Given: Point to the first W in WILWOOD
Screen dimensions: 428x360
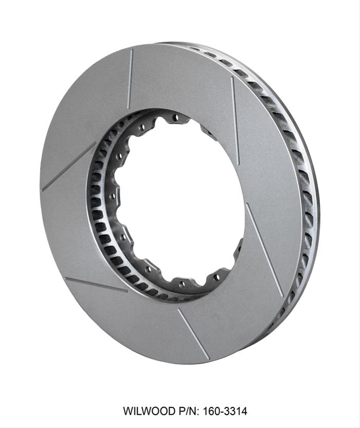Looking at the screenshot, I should click(128, 412).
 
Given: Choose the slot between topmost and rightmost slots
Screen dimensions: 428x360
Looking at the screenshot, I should click(235, 121).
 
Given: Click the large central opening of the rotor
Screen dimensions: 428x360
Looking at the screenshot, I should click(180, 201).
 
